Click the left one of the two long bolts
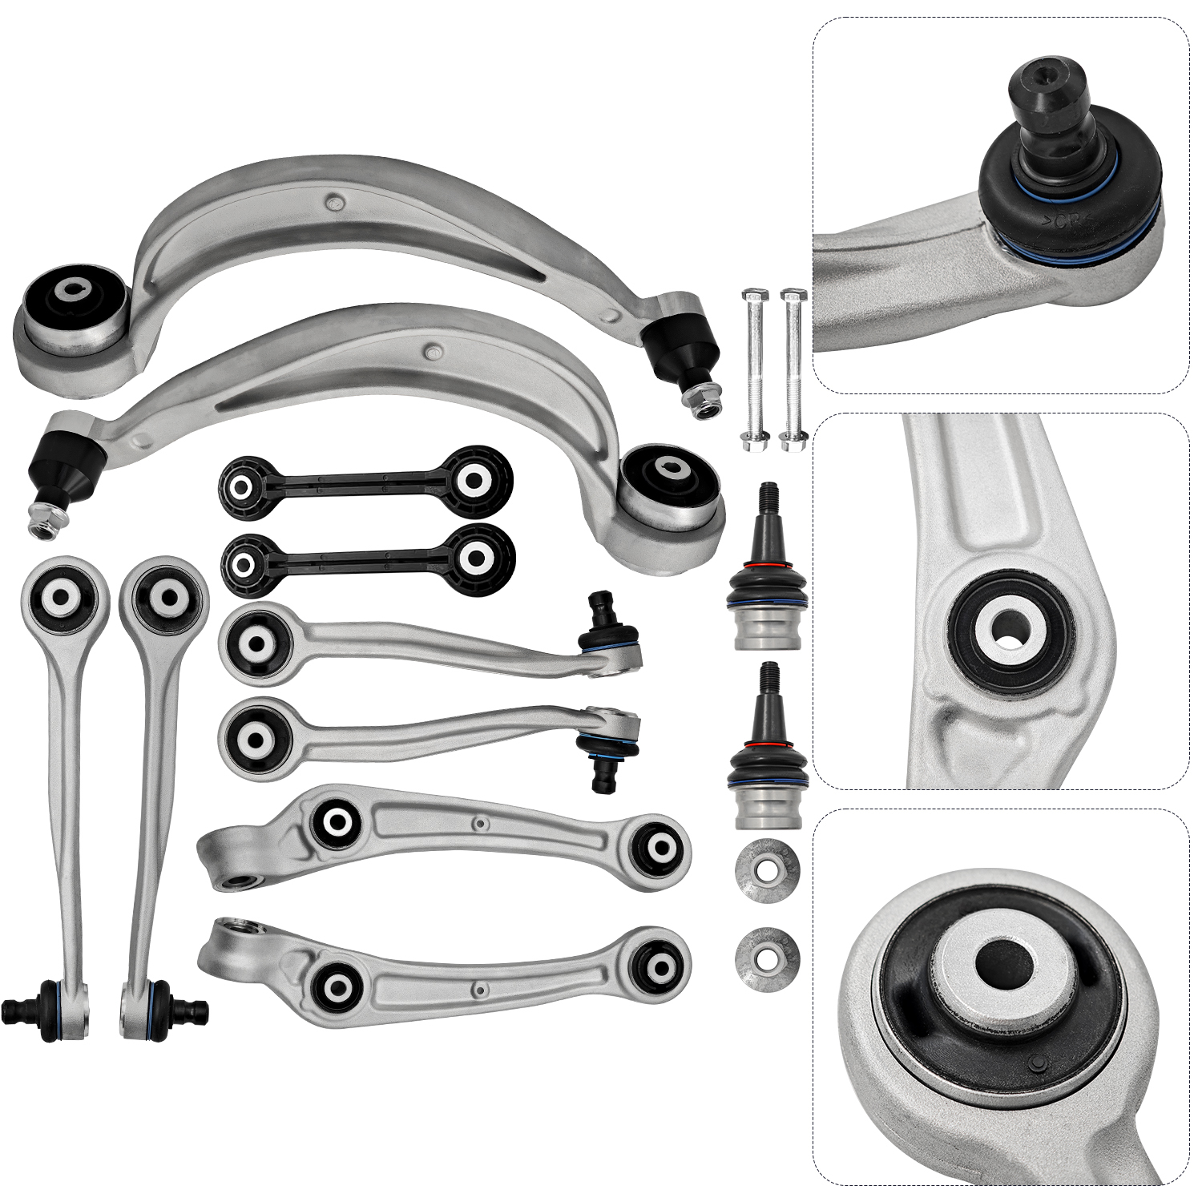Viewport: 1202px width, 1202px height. [754, 369]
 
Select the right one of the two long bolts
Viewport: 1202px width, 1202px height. [793, 369]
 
